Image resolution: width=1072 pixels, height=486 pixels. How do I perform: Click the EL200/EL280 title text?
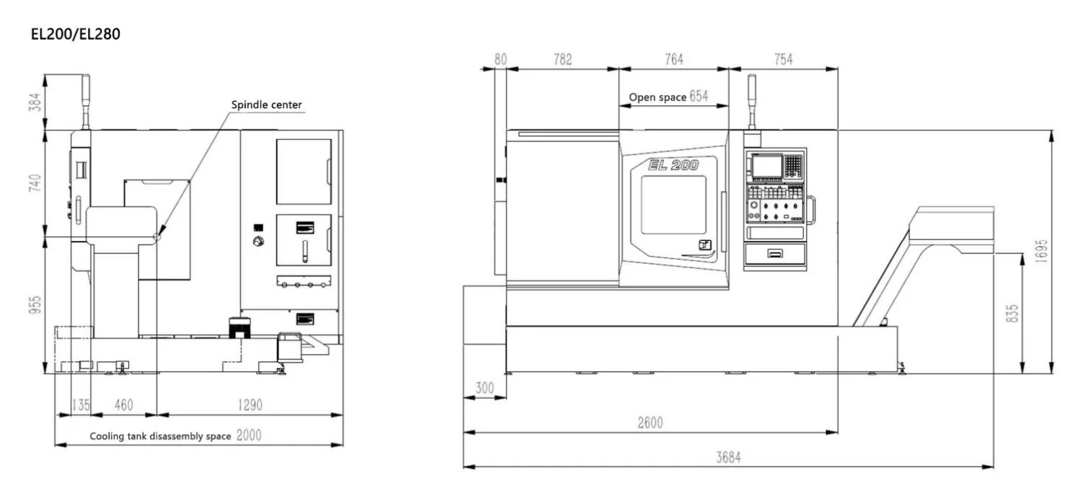(75, 34)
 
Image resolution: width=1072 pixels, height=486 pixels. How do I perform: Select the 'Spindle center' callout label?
(266, 105)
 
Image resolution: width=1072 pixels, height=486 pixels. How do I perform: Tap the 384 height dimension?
(34, 102)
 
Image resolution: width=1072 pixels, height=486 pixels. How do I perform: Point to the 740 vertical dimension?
(34, 183)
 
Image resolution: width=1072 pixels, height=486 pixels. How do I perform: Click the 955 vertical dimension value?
(34, 306)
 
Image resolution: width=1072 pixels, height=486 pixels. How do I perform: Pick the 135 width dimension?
(81, 405)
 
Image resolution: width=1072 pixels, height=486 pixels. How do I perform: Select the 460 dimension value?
(124, 405)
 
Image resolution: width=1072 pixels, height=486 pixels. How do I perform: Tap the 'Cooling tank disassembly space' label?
(160, 436)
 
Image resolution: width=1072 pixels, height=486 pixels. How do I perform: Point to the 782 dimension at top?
(562, 60)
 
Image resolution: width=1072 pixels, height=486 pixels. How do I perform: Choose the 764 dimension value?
(673, 60)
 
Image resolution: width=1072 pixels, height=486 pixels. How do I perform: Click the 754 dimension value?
(783, 60)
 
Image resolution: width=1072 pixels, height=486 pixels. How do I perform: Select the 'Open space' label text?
(657, 97)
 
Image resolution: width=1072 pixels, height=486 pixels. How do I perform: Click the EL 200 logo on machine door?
(673, 165)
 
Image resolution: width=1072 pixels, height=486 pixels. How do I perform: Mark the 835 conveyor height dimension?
(1012, 313)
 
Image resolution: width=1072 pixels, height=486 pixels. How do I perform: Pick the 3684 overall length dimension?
(728, 457)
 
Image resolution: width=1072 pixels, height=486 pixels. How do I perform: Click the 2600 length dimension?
(650, 423)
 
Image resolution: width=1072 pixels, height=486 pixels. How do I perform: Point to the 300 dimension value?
(484, 388)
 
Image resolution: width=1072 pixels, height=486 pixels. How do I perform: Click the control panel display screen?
(766, 167)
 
